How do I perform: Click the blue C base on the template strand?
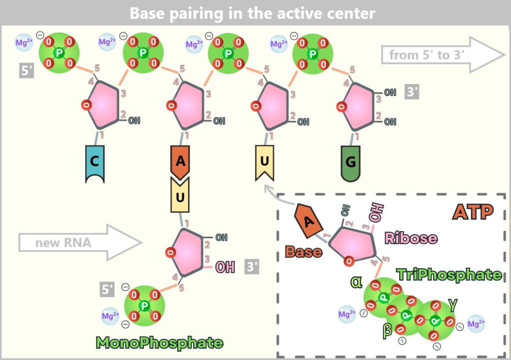point(95,164)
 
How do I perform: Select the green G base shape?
point(351,163)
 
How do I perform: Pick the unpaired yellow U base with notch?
point(264,162)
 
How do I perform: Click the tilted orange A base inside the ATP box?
point(308,221)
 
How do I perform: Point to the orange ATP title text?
point(473,212)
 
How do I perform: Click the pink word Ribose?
point(411,238)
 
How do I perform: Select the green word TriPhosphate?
point(449,275)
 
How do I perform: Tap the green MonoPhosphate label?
point(160,343)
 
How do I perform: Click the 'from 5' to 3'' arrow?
point(443,54)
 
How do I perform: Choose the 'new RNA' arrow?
point(80,242)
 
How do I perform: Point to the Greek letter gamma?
point(453,305)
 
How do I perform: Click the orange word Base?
point(304,252)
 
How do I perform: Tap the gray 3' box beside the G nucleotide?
point(412,92)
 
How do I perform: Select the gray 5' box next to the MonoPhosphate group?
point(107,289)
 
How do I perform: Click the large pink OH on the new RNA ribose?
point(225,267)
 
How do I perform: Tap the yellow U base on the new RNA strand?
point(180,196)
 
